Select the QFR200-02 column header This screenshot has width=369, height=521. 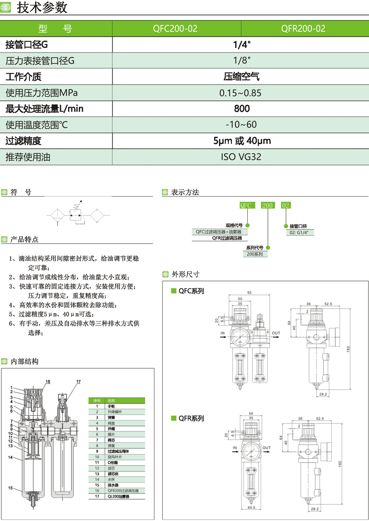click(x=303, y=29)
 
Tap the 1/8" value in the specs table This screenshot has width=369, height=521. click(x=241, y=60)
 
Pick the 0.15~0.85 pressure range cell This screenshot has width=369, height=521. click(x=241, y=93)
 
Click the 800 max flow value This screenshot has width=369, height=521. click(x=241, y=109)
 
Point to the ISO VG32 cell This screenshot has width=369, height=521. click(x=241, y=157)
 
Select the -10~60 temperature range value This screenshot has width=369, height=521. click(x=241, y=125)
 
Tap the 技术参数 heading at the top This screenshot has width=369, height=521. click(x=42, y=8)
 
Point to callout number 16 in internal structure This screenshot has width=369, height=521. click(x=48, y=381)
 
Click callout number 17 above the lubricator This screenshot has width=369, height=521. click(x=78, y=381)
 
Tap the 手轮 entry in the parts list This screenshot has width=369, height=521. click(x=112, y=406)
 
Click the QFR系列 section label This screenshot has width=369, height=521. click(x=191, y=419)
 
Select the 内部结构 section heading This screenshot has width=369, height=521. click(x=24, y=361)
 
